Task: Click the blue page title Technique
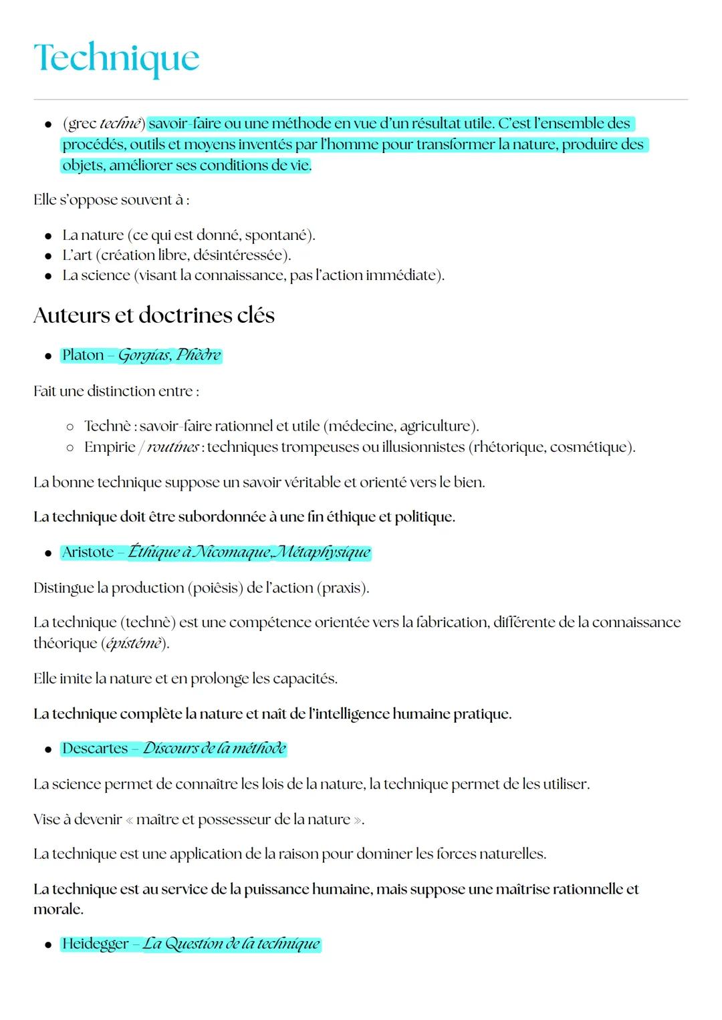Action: click(116, 59)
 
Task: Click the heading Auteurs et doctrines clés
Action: click(154, 315)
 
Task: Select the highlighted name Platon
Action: click(83, 355)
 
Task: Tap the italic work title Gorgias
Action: click(143, 355)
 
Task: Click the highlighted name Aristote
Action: click(88, 552)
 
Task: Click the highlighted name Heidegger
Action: click(95, 944)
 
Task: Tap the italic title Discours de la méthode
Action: click(214, 748)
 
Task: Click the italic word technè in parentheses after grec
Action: click(120, 124)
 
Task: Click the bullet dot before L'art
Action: click(48, 255)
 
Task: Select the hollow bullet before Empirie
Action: click(70, 447)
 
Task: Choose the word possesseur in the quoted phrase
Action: click(233, 819)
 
